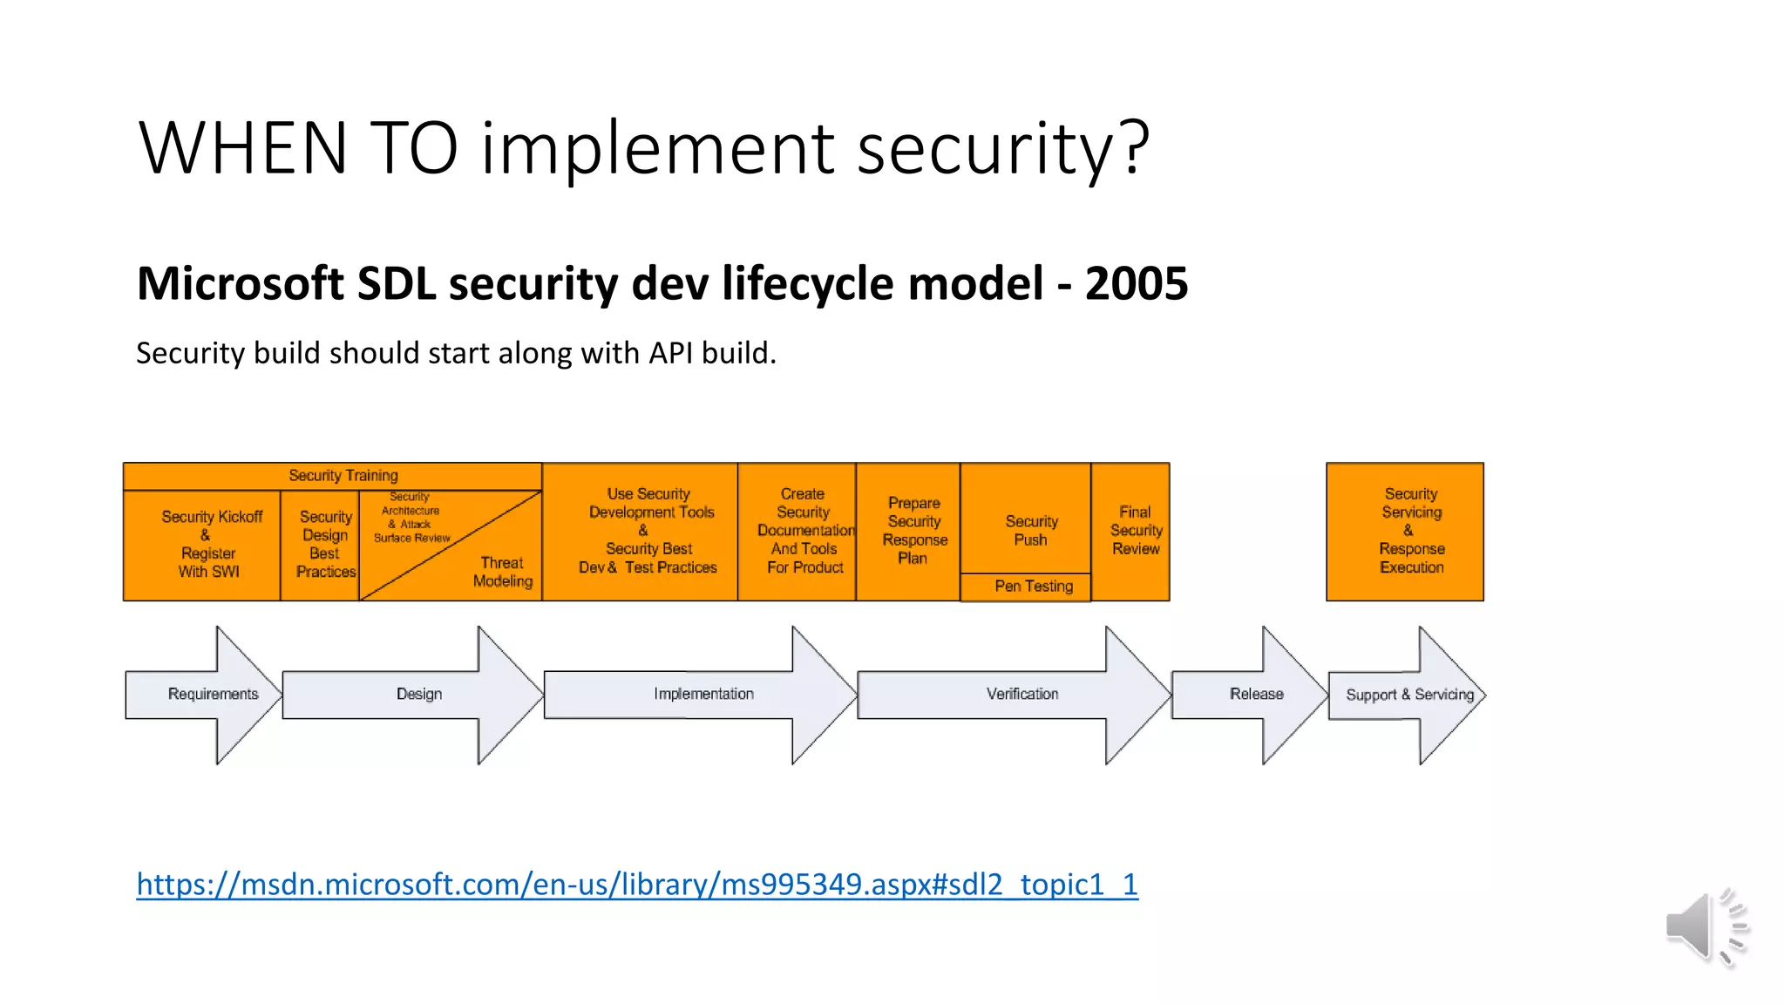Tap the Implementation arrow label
point(703,695)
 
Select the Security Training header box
point(343,476)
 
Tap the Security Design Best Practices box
point(325,544)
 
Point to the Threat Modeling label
point(502,572)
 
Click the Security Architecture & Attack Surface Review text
point(411,517)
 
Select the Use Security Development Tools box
point(648,531)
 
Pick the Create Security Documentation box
point(804,531)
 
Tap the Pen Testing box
point(1033,587)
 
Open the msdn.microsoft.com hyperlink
point(636,885)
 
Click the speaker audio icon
point(1704,927)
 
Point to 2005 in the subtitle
point(1136,284)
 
